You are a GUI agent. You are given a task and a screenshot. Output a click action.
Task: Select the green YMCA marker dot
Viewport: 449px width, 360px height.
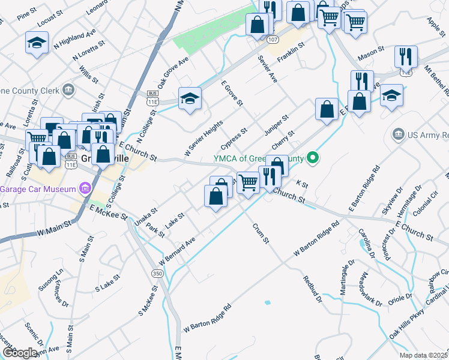tap(312, 159)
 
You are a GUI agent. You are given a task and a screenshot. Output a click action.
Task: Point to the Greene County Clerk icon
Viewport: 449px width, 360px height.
tap(69, 91)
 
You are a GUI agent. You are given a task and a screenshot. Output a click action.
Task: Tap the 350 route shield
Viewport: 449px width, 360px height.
tap(157, 273)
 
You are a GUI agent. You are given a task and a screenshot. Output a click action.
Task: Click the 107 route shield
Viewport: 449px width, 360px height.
tap(273, 39)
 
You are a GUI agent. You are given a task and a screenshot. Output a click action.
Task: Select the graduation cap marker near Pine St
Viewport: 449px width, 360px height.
tap(37, 43)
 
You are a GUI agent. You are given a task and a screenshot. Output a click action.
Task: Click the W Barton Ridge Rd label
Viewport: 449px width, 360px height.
tap(208, 319)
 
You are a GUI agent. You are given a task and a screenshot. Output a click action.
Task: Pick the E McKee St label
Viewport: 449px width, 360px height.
tap(109, 212)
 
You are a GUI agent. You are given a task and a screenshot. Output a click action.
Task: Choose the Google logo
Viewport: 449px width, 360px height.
tap(20, 353)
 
